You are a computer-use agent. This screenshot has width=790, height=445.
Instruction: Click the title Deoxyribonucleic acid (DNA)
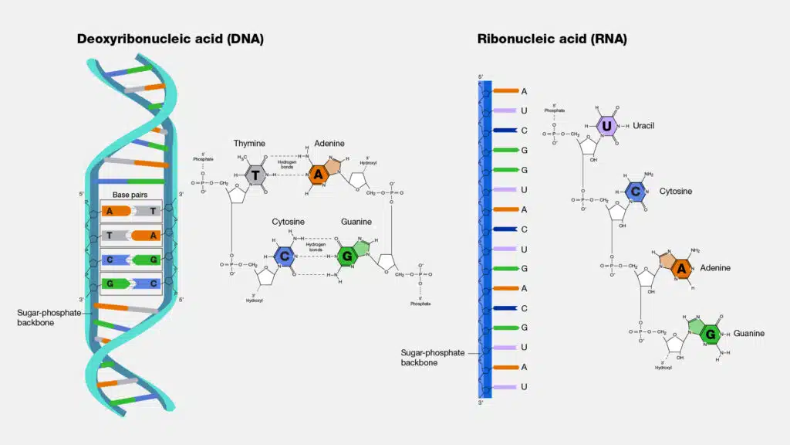point(170,39)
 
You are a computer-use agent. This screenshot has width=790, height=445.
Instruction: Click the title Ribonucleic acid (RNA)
point(552,39)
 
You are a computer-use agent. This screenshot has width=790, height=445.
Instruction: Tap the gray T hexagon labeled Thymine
point(255,175)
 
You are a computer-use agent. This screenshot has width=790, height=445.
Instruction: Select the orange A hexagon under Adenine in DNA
point(318,175)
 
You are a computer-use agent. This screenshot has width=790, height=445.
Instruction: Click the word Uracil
point(647,125)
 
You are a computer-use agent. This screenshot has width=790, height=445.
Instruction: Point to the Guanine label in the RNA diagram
point(748,333)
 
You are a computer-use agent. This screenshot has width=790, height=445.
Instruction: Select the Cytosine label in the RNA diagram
point(676,191)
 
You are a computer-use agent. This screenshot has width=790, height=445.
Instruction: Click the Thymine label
point(250,144)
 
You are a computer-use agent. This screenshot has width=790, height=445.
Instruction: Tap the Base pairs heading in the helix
point(130,195)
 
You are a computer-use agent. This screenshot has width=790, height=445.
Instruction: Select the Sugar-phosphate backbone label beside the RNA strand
point(433,357)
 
